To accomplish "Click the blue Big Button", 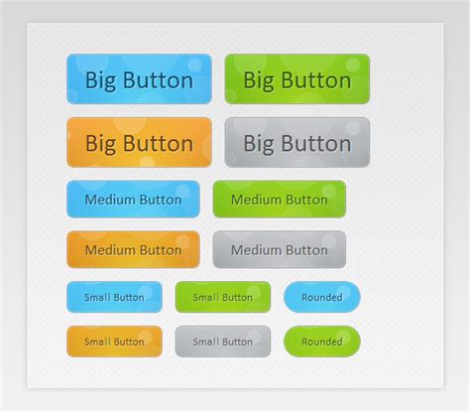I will (139, 79).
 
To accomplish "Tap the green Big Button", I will (296, 79).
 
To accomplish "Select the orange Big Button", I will (139, 143).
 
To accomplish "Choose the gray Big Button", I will (296, 143).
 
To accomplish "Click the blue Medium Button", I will (133, 200).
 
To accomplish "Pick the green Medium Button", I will (279, 200).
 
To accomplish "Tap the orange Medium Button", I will (133, 250).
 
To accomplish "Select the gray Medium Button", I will (279, 250).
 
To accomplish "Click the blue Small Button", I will (114, 297).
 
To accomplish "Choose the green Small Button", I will (222, 297).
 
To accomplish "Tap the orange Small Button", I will (114, 342).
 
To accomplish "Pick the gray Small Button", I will (222, 342).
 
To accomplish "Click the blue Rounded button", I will (321, 297).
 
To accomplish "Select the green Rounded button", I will (321, 342).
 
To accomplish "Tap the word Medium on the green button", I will (256, 200).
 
